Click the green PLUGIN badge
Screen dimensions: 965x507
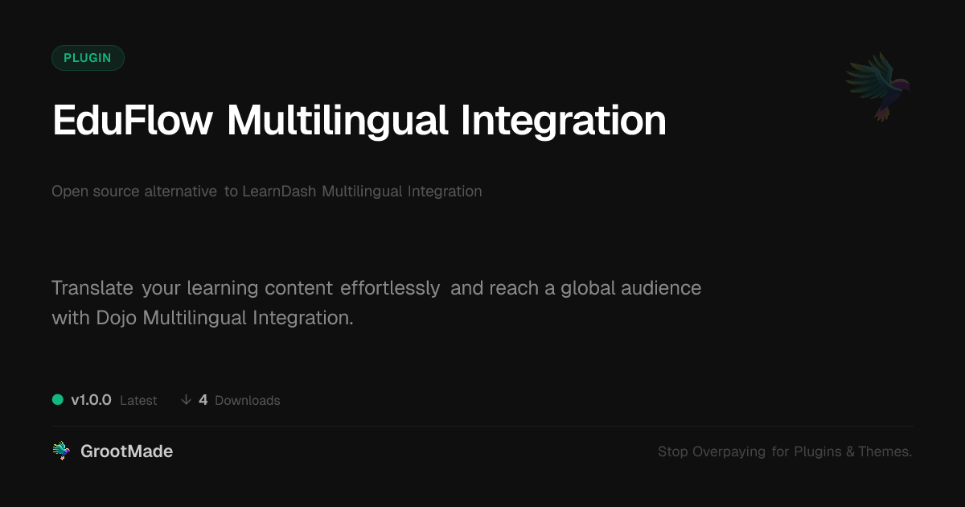tap(88, 58)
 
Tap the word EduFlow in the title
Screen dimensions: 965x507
tap(133, 121)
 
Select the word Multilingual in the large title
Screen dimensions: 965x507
tap(337, 122)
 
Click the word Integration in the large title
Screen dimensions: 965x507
tap(564, 122)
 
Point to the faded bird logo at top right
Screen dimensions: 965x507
tap(878, 87)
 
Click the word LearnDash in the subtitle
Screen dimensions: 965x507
tap(279, 191)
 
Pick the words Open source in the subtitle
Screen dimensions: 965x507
tap(95, 192)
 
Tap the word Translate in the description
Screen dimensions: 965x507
tap(92, 288)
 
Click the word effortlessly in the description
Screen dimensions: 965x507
tap(390, 288)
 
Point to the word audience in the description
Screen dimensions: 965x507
tap(661, 288)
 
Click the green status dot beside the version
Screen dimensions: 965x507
tap(58, 400)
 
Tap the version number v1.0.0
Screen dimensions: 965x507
tap(91, 400)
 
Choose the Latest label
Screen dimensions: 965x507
tap(138, 401)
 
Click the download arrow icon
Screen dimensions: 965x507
tap(186, 400)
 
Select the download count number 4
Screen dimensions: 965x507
tap(203, 400)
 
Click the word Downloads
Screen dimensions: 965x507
tap(248, 401)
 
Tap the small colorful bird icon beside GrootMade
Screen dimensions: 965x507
tap(61, 451)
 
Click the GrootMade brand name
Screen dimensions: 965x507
tap(127, 451)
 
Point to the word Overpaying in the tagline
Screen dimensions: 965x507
tap(729, 451)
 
